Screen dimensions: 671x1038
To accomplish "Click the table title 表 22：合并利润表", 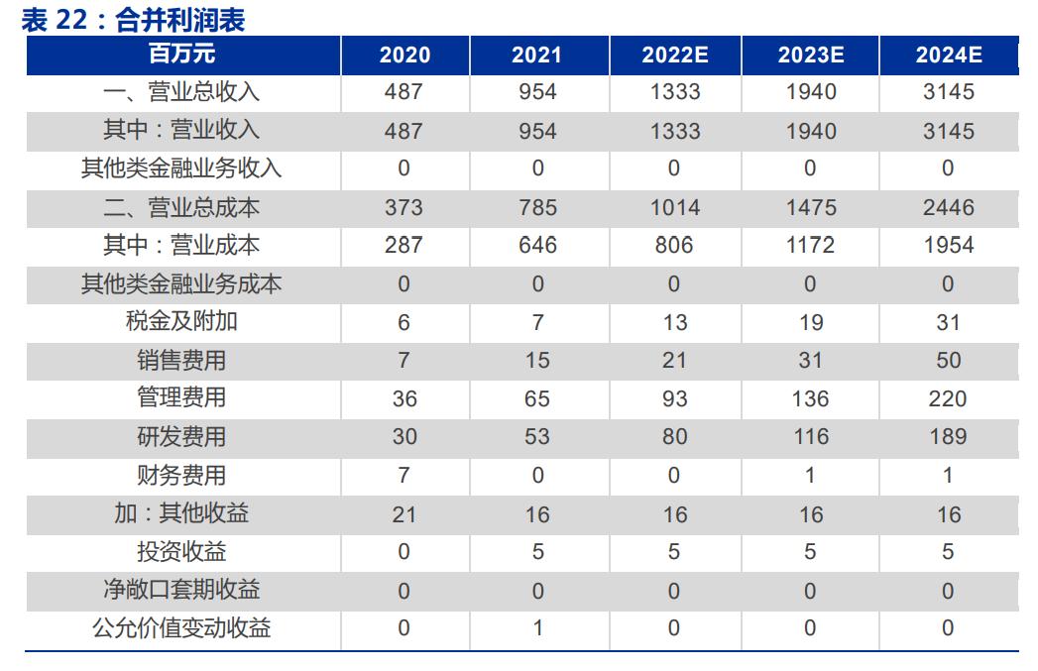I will click(133, 19).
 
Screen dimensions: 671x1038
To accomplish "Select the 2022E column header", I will click(674, 56).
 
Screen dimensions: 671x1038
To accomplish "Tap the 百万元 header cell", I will click(182, 55).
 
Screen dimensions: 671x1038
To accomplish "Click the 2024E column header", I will click(948, 56).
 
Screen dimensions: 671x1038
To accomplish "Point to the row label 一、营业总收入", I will click(182, 92).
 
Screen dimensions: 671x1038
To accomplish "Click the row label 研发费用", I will click(182, 437).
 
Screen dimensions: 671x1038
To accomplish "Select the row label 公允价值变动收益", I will click(182, 628).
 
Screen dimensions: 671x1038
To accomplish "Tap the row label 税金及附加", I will click(182, 322).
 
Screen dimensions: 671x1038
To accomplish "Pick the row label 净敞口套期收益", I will click(182, 591).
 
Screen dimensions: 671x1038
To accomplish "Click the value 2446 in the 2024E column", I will click(948, 208).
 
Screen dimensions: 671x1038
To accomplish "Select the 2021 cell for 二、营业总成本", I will click(537, 208).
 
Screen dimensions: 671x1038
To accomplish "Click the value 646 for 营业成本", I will click(537, 246).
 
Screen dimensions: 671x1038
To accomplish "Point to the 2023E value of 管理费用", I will click(810, 398).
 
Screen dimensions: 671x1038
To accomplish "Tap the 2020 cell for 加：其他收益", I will click(404, 514).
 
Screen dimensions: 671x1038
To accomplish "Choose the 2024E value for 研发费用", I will click(948, 437).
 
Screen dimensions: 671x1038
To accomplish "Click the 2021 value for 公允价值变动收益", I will click(537, 628).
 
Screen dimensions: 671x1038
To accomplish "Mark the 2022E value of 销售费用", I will click(674, 361).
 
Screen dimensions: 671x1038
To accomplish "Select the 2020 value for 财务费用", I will click(404, 476).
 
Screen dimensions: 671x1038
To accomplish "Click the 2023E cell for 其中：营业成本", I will click(810, 246).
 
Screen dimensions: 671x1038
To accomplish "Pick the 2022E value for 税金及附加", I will click(674, 322).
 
